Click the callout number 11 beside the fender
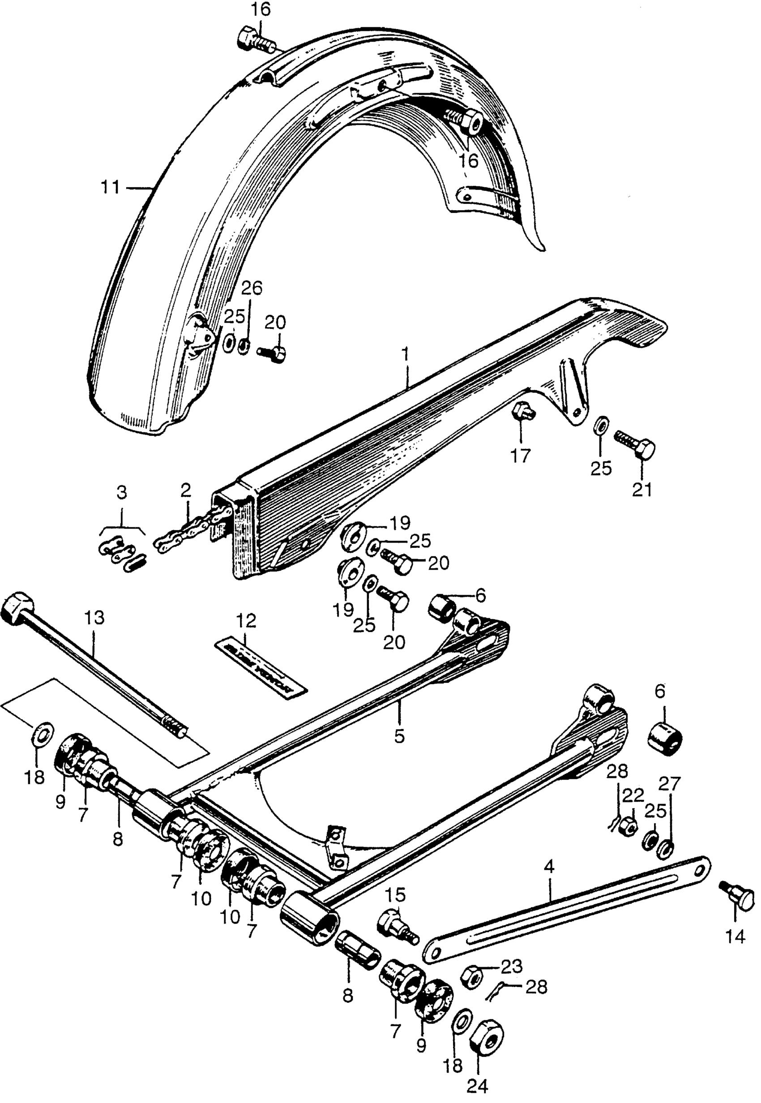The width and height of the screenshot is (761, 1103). click(x=110, y=187)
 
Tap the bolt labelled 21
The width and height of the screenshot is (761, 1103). click(x=635, y=442)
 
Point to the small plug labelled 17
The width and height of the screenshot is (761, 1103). click(x=522, y=410)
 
